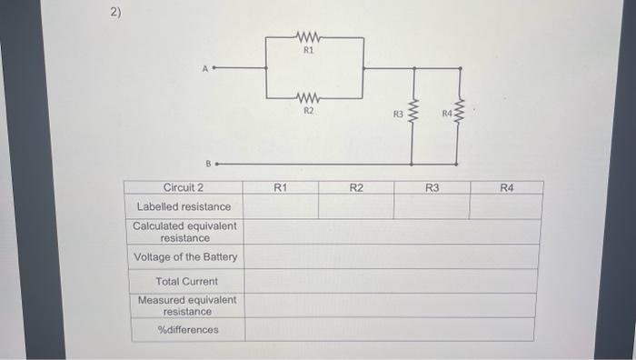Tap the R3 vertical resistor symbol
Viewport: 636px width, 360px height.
pos(413,115)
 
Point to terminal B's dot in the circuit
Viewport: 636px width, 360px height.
pos(215,165)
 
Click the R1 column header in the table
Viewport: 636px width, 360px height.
pos(281,187)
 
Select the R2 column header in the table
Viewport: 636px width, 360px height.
pos(356,187)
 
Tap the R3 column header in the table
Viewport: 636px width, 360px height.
pos(432,187)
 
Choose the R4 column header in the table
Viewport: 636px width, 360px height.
pos(506,187)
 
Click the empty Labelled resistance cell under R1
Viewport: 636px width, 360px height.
pos(281,206)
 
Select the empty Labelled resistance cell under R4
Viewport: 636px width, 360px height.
pos(506,206)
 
